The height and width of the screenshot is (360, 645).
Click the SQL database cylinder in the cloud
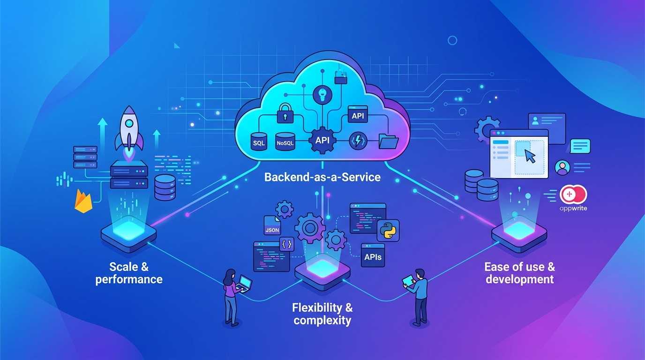tap(259, 142)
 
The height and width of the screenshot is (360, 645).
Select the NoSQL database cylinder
tap(285, 142)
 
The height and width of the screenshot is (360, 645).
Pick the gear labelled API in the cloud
tap(322, 140)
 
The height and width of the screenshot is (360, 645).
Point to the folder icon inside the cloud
tap(389, 141)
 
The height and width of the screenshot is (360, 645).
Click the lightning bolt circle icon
tap(358, 141)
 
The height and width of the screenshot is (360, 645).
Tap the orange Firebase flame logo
tap(83, 201)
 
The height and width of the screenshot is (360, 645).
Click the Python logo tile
tap(388, 231)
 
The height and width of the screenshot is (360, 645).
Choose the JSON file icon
tap(272, 225)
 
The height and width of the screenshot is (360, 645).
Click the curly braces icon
tap(287, 245)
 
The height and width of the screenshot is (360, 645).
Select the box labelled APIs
tap(373, 255)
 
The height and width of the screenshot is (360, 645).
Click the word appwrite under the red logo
tap(573, 208)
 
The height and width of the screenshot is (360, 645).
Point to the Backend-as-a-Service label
tap(322, 177)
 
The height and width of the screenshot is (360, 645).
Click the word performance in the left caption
tap(129, 280)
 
